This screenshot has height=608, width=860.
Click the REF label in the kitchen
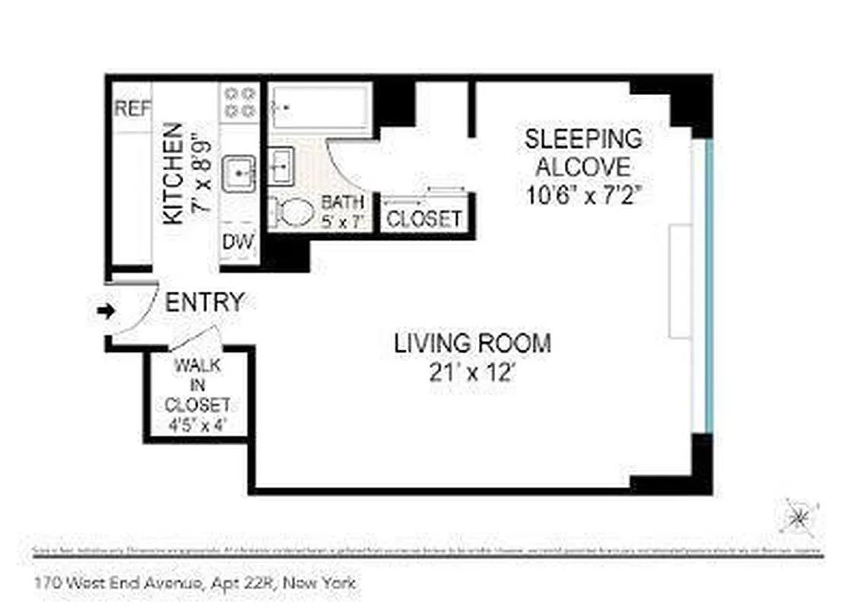pos(132,109)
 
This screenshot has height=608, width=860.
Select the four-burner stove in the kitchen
pos(240,102)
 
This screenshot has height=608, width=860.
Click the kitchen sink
pos(241,174)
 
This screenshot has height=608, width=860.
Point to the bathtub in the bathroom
pos(321,108)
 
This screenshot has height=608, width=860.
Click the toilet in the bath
pos(293,212)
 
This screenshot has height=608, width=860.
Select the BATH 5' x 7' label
pos(343,212)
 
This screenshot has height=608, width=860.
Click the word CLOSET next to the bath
pos(424,219)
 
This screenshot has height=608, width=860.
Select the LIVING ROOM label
pos(472,344)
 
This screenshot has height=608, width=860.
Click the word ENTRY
pos(205,302)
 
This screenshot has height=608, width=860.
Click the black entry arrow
pos(106,310)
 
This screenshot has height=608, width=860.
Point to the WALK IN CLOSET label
pos(198,385)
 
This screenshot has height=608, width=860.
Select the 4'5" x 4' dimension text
pos(198,424)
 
